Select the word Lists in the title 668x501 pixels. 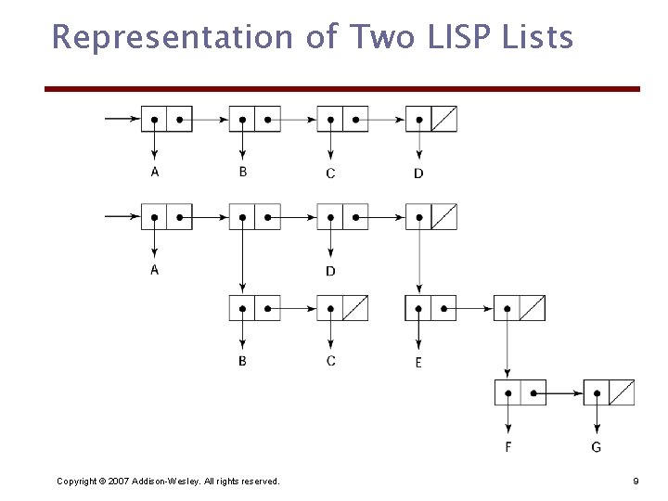pos(539,38)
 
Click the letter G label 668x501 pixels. pos(596,448)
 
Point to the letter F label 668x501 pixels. pos(508,448)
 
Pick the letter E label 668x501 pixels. pos(418,363)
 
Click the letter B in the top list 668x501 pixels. pos(242,172)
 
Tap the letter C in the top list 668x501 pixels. pos(330,173)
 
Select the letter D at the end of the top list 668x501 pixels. pos(418,173)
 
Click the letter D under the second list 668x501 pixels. pos(330,271)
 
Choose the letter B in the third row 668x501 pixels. pos(242,361)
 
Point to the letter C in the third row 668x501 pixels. pos(330,361)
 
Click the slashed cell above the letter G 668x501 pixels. pos(622,392)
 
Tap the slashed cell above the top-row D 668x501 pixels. pos(444,120)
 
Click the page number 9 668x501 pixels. pos(636,481)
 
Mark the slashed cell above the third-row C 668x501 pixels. pos(355,307)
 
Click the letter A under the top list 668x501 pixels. pos(154,172)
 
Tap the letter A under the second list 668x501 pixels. pos(154,269)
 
